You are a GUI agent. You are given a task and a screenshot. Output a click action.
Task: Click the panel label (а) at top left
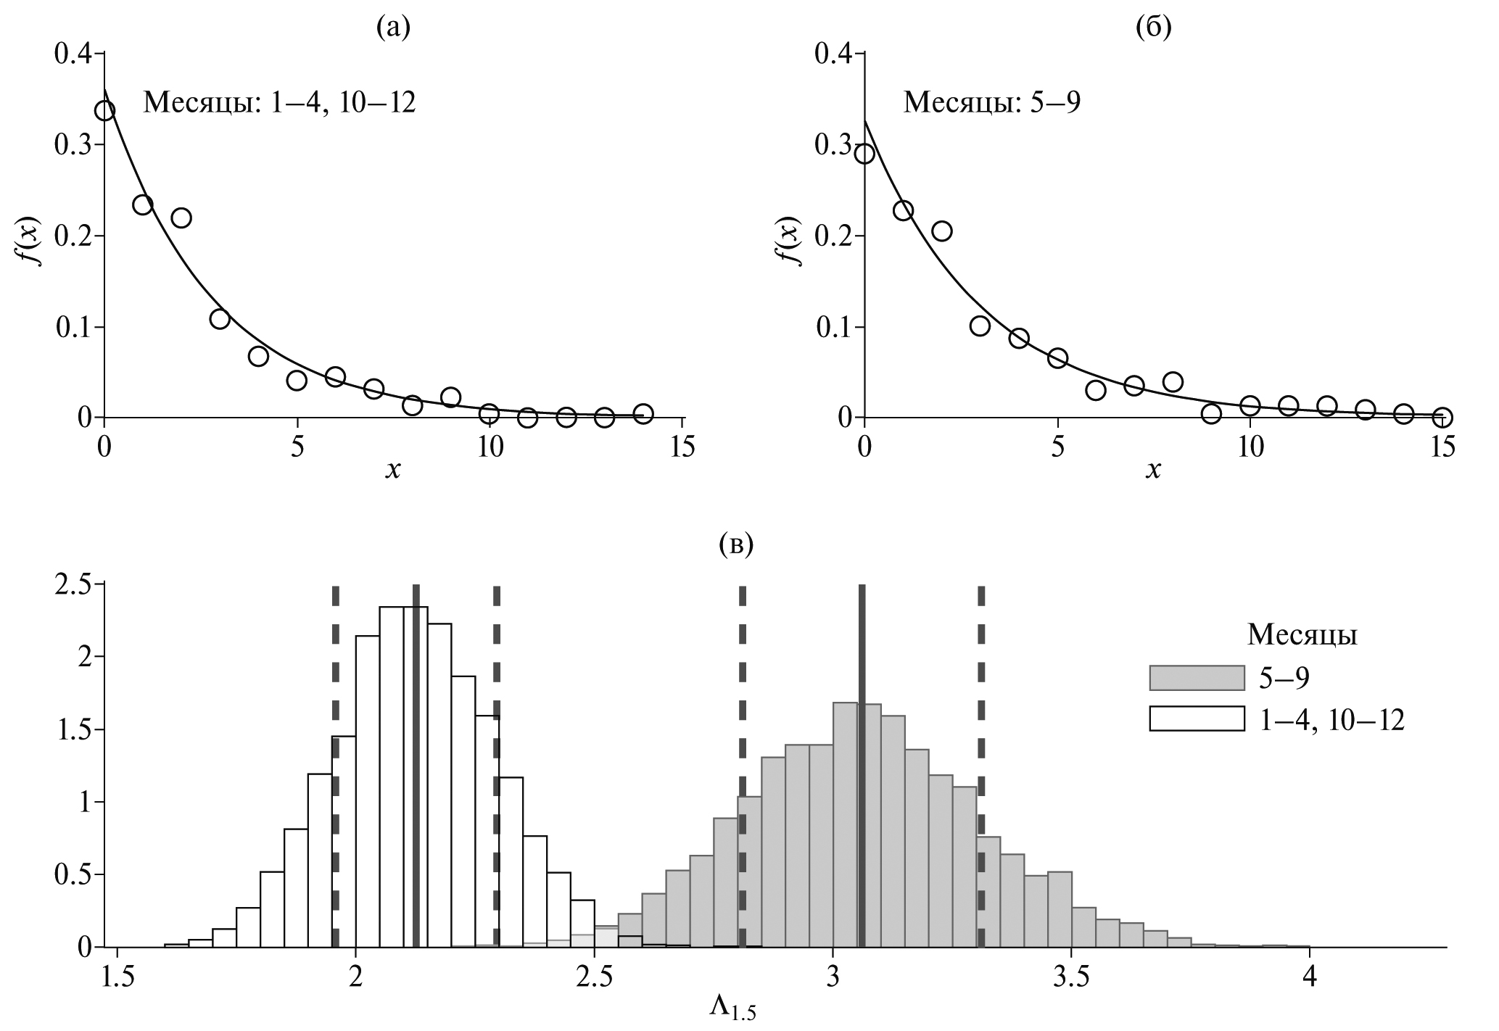(393, 27)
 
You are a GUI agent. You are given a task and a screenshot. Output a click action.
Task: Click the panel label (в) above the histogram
(736, 543)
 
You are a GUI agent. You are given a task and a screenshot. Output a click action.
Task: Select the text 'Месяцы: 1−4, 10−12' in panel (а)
(279, 102)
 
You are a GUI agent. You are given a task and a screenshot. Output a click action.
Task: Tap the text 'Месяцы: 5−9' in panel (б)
(991, 102)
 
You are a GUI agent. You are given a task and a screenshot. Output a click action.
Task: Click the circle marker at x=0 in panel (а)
(104, 111)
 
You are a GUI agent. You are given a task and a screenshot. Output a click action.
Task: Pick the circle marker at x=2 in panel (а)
(181, 218)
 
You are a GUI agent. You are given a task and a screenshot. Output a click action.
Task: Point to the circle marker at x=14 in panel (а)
(643, 414)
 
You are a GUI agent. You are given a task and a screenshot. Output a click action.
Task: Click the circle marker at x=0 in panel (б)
(864, 154)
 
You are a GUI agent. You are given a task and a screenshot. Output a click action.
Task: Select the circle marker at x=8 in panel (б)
(1173, 381)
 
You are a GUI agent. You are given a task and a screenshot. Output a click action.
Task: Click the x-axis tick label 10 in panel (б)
(1250, 448)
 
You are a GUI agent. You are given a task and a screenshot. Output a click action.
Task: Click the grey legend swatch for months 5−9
(1197, 678)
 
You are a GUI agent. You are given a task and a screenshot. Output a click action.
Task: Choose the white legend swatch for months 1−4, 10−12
(1197, 719)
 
